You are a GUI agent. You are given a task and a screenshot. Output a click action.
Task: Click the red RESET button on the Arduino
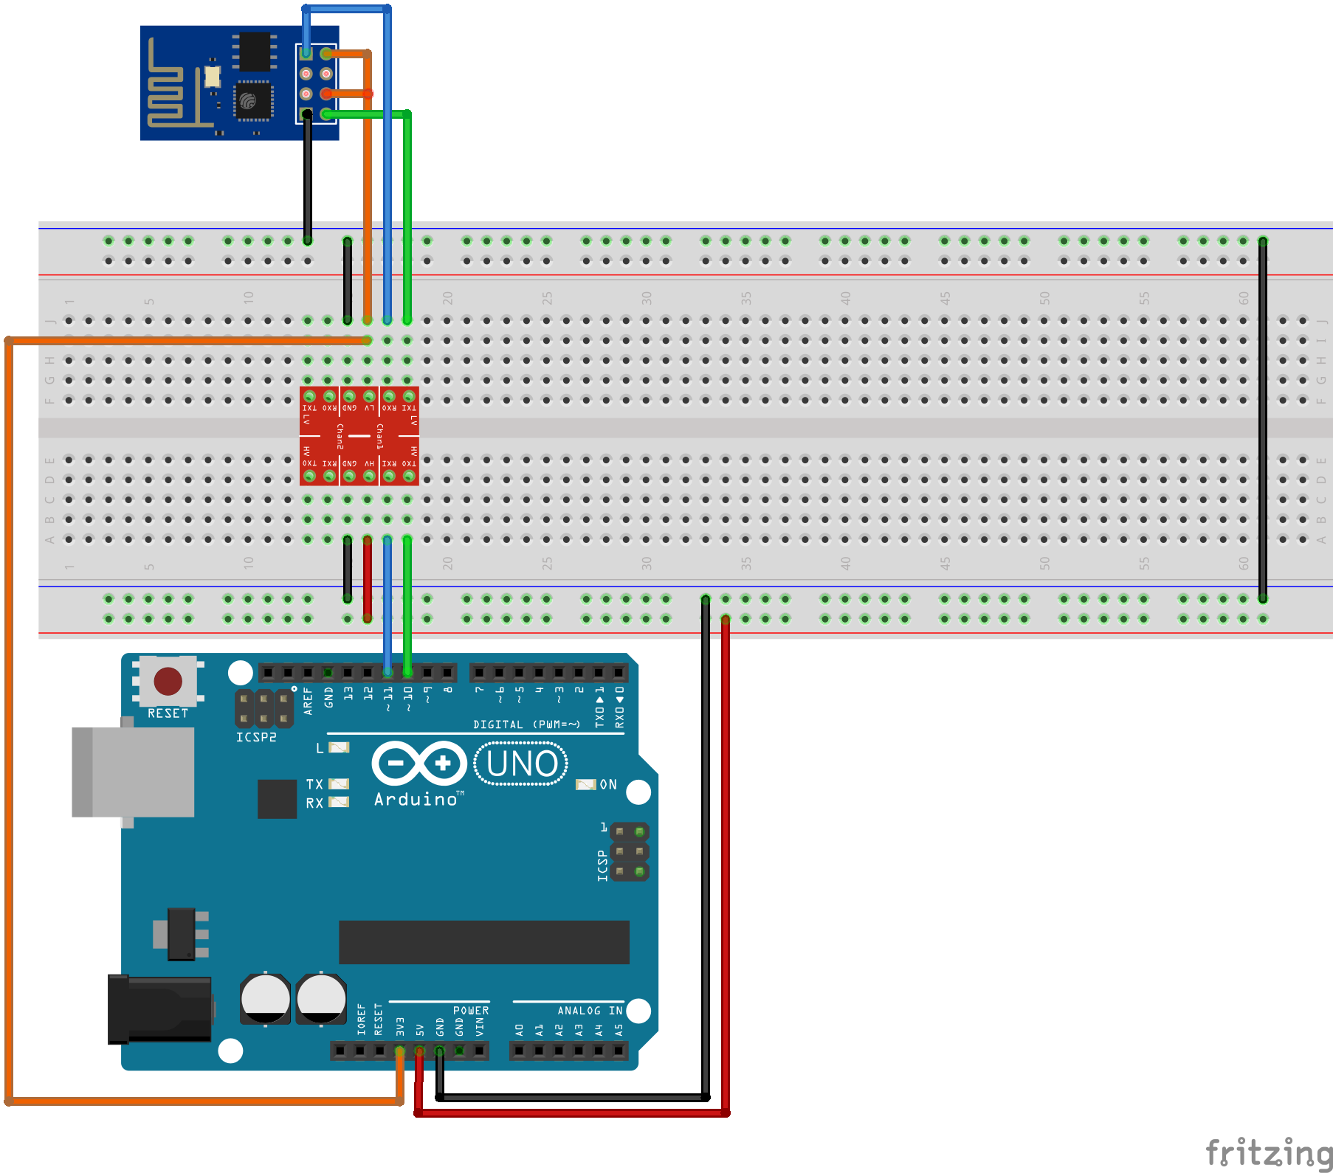pos(168,681)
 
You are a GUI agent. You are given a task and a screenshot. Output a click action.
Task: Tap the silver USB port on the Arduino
pos(133,772)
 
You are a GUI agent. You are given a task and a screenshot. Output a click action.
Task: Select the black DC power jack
pos(159,1009)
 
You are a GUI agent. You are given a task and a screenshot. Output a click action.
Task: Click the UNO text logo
pos(521,764)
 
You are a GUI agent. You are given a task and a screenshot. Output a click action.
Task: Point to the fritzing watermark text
pos(1268,1152)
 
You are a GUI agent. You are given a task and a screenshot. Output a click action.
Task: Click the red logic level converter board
pos(359,436)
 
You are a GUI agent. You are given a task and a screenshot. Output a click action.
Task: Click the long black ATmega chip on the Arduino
pos(483,942)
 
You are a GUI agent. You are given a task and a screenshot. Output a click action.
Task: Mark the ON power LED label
pos(607,784)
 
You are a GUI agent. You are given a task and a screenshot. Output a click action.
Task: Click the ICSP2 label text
pos(255,737)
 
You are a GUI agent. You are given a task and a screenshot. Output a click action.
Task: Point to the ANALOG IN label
pos(589,1010)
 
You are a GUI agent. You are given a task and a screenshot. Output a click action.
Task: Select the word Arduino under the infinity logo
pos(416,799)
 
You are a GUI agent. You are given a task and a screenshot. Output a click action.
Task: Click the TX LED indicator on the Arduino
pos(339,783)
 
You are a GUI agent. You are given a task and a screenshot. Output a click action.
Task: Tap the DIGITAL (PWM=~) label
pos(526,724)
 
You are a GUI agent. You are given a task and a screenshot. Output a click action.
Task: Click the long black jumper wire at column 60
pos(1262,421)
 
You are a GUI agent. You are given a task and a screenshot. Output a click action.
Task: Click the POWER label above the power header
pos(470,1010)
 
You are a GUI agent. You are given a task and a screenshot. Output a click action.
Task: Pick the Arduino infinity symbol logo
pos(418,763)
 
